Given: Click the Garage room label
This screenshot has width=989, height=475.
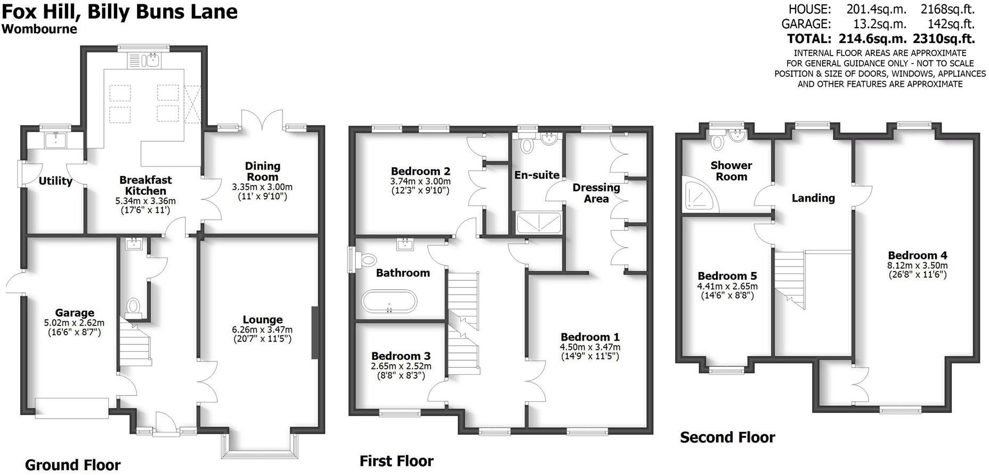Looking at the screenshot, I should (75, 313).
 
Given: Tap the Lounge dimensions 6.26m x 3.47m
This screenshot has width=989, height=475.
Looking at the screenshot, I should (262, 329).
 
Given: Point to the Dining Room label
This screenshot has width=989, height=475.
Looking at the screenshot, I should (262, 172).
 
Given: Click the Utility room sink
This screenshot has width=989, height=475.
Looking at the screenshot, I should (55, 140).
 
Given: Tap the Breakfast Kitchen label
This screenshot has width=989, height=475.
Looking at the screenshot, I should (145, 185).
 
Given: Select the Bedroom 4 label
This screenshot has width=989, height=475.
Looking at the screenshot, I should (917, 255).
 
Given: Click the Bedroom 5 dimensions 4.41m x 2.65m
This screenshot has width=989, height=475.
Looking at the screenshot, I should (727, 286).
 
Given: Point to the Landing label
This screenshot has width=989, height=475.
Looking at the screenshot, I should (813, 198).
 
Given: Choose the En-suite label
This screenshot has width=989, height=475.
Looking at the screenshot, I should (537, 175).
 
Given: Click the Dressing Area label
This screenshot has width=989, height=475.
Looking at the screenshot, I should (596, 193).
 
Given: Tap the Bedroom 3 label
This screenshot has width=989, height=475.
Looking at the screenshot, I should (401, 356).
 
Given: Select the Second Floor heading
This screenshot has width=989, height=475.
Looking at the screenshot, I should (727, 438).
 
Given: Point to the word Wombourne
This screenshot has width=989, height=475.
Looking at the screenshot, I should (39, 29).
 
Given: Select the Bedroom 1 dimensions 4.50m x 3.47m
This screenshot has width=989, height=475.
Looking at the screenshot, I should (590, 347).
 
